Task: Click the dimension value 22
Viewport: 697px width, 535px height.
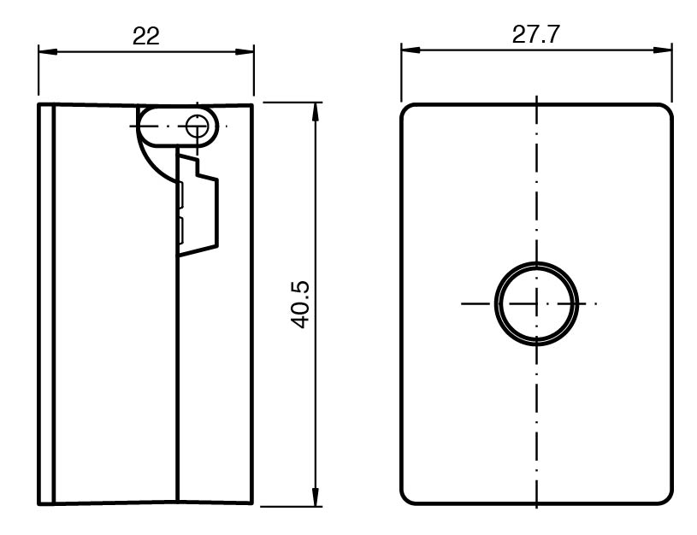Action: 145,36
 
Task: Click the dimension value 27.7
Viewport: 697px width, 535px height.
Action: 535,34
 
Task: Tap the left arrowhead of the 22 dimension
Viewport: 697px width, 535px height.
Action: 48,51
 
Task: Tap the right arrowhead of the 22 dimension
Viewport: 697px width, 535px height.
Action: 245,51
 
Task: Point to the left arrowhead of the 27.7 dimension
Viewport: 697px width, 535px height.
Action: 411,50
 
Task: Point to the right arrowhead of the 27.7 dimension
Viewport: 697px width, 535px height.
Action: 662,50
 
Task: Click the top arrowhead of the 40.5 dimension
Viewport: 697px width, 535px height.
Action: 316,112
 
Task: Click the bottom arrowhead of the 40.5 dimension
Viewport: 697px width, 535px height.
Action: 316,497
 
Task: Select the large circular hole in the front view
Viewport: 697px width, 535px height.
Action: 536,262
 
